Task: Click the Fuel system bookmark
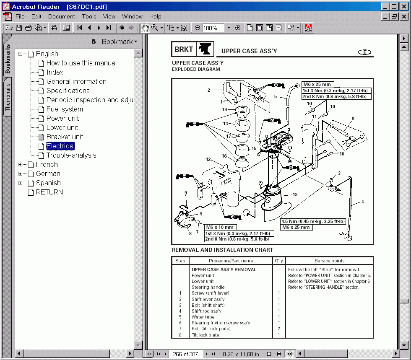[x=65, y=109]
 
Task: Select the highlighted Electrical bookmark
[x=60, y=146]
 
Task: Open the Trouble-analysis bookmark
[x=71, y=155]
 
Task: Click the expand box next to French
[x=20, y=165]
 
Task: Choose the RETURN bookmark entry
[x=49, y=192]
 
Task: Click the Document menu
[x=61, y=16]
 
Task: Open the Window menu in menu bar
[x=132, y=16]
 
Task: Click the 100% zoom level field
[x=213, y=28]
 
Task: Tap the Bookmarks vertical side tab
[x=8, y=59]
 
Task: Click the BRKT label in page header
[x=184, y=49]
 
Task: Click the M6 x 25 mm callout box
[x=296, y=227]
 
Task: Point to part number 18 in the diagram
[x=295, y=194]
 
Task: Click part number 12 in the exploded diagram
[x=208, y=159]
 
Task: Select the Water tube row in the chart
[x=203, y=317]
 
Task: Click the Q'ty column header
[x=279, y=261]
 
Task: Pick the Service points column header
[x=329, y=261]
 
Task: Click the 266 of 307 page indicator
[x=186, y=354]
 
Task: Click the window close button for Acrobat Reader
[x=403, y=6]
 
